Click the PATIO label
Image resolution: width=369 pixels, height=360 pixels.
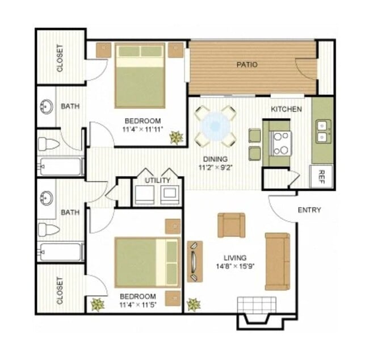[x=247, y=65]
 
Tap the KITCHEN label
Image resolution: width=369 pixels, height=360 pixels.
[x=286, y=109]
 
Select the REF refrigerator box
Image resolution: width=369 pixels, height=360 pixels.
[x=321, y=175]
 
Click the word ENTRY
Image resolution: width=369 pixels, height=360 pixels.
[x=309, y=210]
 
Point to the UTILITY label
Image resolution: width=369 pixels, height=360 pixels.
[x=157, y=181]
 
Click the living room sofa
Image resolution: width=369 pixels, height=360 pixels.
[x=277, y=261]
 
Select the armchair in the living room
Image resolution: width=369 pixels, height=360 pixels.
[x=231, y=225]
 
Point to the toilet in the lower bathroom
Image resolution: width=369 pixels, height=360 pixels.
[x=49, y=229]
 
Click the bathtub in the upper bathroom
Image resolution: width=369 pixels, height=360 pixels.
[x=60, y=167]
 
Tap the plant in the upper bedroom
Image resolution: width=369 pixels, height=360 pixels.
[x=176, y=137]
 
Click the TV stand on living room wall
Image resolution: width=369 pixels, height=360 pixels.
[x=194, y=261]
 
